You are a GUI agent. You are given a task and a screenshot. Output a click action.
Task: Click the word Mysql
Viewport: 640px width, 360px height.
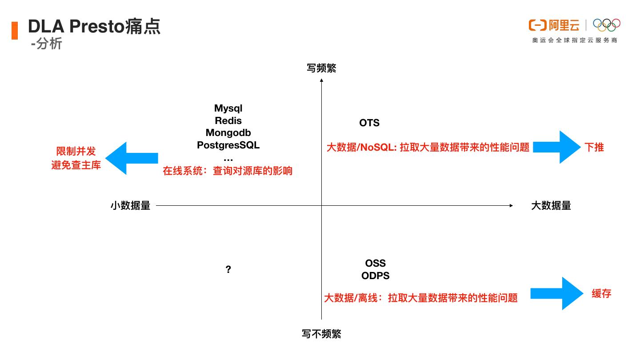click(x=228, y=108)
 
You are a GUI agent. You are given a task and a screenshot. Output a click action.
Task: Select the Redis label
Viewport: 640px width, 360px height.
click(x=228, y=120)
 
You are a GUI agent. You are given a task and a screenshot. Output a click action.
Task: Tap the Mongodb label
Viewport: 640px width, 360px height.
click(x=228, y=132)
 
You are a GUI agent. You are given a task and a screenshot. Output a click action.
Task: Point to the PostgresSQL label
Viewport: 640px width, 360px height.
click(x=228, y=145)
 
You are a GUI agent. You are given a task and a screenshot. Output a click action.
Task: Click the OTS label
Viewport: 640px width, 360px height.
click(x=369, y=123)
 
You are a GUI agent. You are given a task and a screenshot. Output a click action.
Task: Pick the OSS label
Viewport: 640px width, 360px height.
click(x=376, y=264)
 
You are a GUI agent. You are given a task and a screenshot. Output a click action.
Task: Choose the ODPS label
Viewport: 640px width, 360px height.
click(x=376, y=276)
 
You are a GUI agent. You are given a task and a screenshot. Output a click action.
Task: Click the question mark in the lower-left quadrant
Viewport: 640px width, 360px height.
click(x=228, y=270)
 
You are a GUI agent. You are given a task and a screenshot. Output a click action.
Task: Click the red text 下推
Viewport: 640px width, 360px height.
click(x=594, y=148)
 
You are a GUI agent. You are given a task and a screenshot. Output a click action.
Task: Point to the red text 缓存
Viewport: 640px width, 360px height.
click(x=601, y=293)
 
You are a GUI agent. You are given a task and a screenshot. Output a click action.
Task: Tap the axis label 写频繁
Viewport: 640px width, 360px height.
click(x=321, y=68)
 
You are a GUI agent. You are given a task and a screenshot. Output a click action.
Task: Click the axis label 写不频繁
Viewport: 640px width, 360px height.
click(x=321, y=334)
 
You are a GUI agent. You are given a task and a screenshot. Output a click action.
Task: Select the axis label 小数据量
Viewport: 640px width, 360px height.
click(x=130, y=205)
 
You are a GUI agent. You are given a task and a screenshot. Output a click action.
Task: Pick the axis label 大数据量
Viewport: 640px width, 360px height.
click(x=551, y=205)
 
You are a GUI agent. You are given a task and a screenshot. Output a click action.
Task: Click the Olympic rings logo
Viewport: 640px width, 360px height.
click(x=607, y=25)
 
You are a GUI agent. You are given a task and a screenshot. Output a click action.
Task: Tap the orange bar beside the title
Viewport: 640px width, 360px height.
click(x=15, y=30)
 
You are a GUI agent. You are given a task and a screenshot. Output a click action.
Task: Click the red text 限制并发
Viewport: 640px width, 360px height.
click(x=76, y=152)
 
